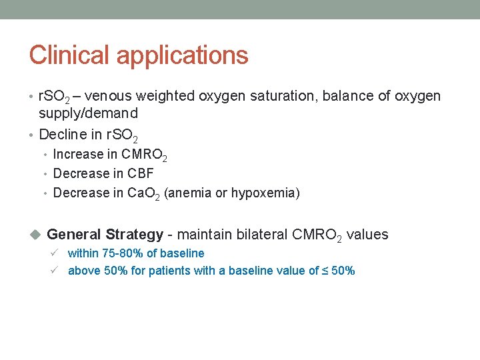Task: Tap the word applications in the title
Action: coord(183,56)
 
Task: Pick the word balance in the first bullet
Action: coord(349,96)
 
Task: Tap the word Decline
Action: coord(61,135)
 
